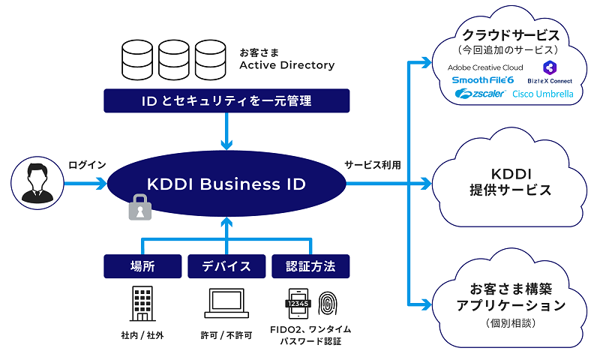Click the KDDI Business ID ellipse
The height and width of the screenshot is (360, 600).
click(225, 184)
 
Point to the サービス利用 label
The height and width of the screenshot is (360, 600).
click(372, 165)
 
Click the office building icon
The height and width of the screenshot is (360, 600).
click(141, 301)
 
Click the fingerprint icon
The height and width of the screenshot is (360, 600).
click(328, 301)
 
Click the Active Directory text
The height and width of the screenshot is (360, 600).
click(286, 65)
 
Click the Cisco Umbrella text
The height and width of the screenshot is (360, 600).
click(542, 94)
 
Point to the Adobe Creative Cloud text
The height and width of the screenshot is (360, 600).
click(485, 67)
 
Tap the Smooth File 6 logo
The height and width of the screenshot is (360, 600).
click(482, 79)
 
